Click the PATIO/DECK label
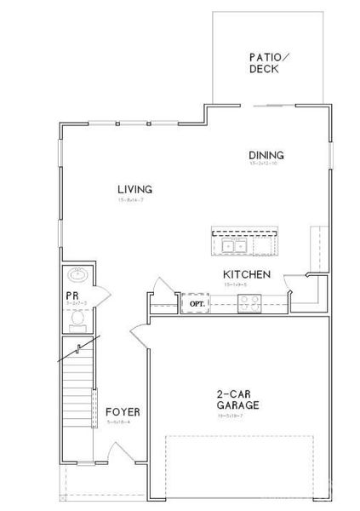[269, 64]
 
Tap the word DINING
[266, 155]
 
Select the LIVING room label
[134, 189]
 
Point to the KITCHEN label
[247, 274]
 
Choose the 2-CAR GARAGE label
[237, 400]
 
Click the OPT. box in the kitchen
[197, 302]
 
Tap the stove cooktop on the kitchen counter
[249, 300]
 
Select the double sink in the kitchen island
[233, 247]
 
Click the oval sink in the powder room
[77, 276]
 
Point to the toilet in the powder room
[77, 319]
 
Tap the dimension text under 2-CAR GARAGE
[237, 416]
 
